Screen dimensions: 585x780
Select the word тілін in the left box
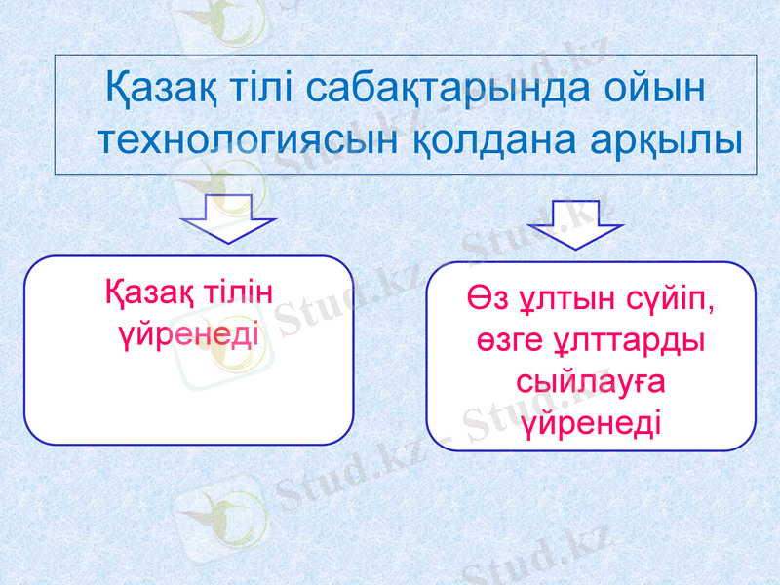(x=236, y=293)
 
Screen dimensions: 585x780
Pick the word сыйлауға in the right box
(x=591, y=383)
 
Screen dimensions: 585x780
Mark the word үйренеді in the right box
(x=591, y=423)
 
